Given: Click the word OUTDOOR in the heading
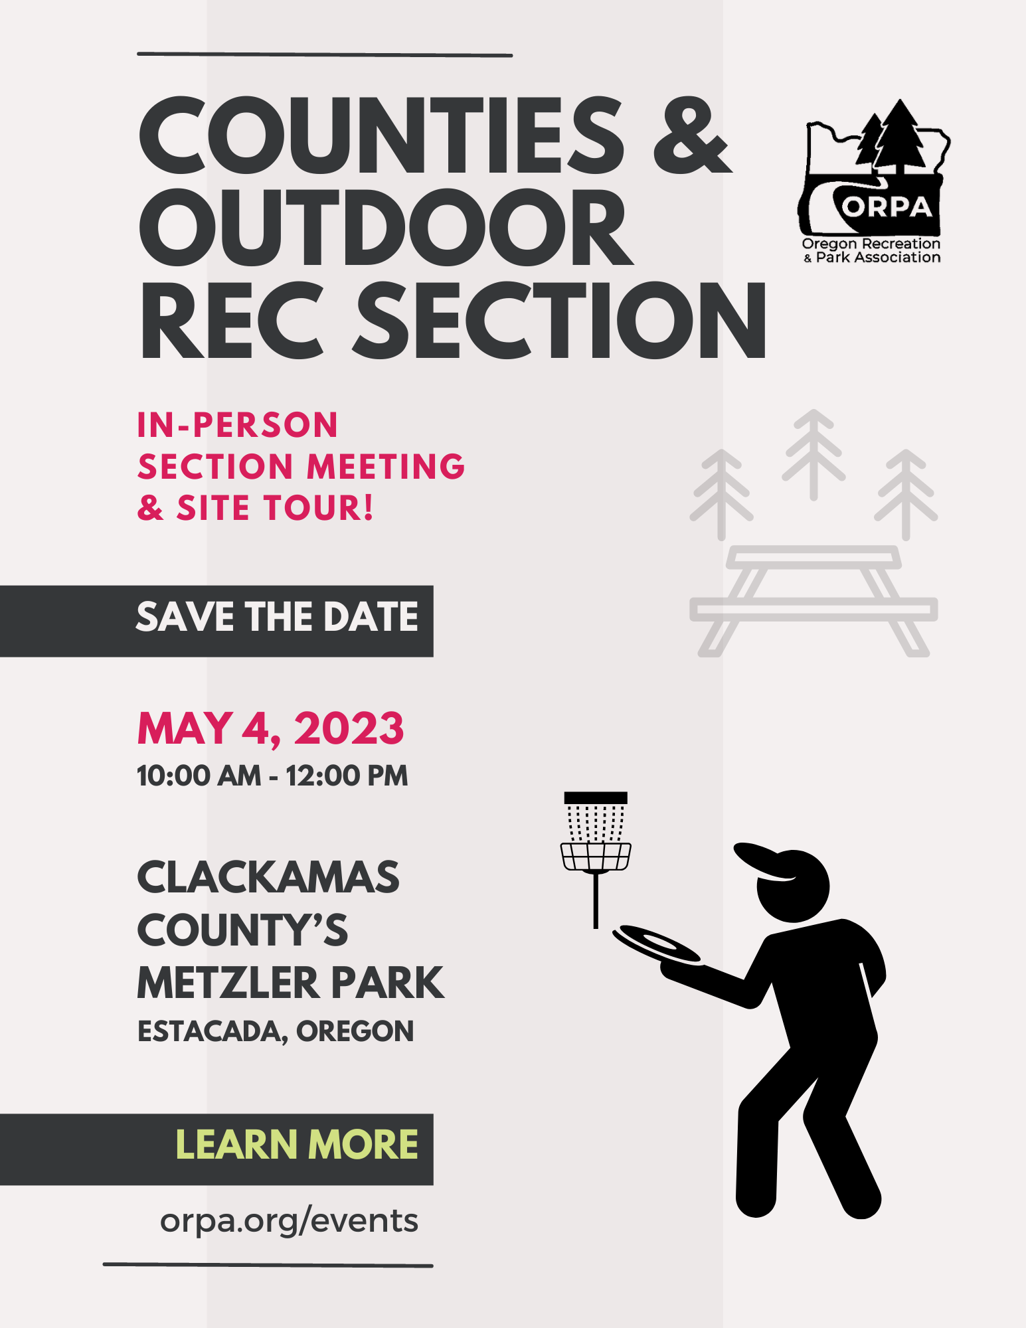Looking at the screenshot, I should click(385, 228).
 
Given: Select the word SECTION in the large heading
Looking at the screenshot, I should click(559, 320).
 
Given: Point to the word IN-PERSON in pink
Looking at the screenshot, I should click(238, 425).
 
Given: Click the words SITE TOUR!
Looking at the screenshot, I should click(275, 508).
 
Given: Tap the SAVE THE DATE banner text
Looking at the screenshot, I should click(277, 617).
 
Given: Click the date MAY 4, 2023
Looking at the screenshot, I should click(270, 728).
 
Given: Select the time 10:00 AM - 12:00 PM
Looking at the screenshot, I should click(272, 776).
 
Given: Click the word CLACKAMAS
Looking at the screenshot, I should click(268, 877).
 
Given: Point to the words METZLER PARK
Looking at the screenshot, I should click(290, 983).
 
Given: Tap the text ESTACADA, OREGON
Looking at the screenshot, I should click(276, 1031).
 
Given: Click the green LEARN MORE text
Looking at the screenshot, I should click(297, 1144).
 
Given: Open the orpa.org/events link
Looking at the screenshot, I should click(289, 1221).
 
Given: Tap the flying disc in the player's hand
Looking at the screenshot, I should click(655, 943).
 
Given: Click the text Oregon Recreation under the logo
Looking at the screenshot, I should click(871, 244).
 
